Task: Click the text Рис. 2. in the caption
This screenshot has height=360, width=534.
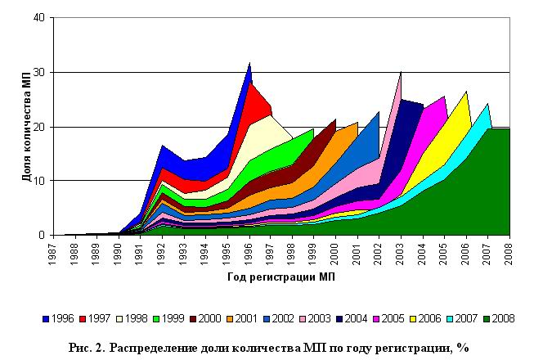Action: pyautogui.click(x=85, y=347)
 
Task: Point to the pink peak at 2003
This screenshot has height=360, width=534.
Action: pyautogui.click(x=401, y=74)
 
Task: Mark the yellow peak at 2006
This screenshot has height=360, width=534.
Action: pyautogui.click(x=466, y=92)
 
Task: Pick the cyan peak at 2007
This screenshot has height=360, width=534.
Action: pyautogui.click(x=488, y=105)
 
